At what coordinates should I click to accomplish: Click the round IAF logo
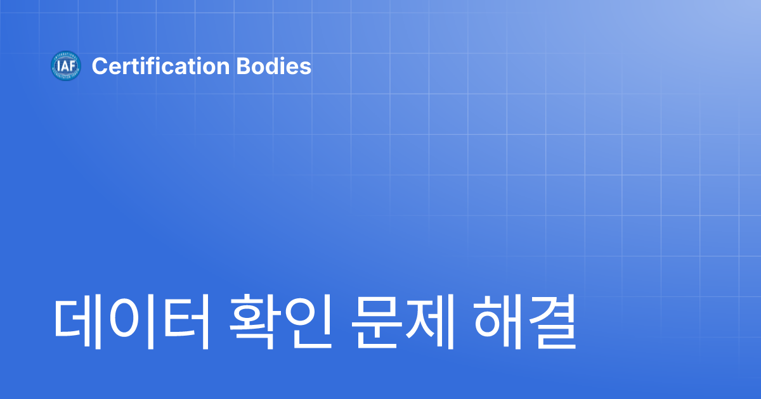click(x=66, y=66)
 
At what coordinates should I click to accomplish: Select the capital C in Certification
click(x=98, y=66)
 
